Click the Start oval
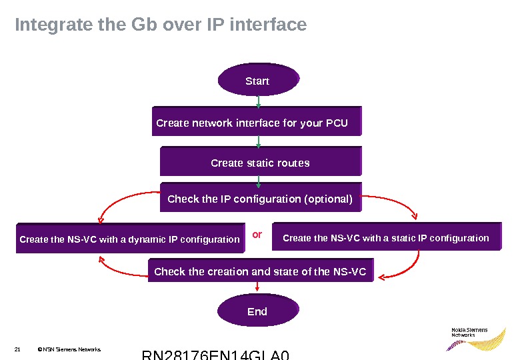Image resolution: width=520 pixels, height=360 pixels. (257, 81)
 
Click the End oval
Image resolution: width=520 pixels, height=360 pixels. (257, 311)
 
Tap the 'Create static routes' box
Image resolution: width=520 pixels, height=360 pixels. (261, 163)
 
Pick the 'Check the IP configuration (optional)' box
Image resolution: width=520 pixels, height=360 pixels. (260, 199)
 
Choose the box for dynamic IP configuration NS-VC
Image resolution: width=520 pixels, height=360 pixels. (129, 238)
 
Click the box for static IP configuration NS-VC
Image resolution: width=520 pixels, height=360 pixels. (386, 237)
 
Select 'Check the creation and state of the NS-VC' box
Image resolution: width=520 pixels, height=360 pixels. (260, 271)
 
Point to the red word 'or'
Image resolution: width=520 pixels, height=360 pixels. (257, 235)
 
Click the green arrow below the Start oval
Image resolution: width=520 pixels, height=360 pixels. (258, 100)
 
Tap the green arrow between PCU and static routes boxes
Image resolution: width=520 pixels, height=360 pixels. (258, 141)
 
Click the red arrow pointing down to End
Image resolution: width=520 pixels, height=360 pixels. (257, 287)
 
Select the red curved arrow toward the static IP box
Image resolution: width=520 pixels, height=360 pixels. (397, 204)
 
